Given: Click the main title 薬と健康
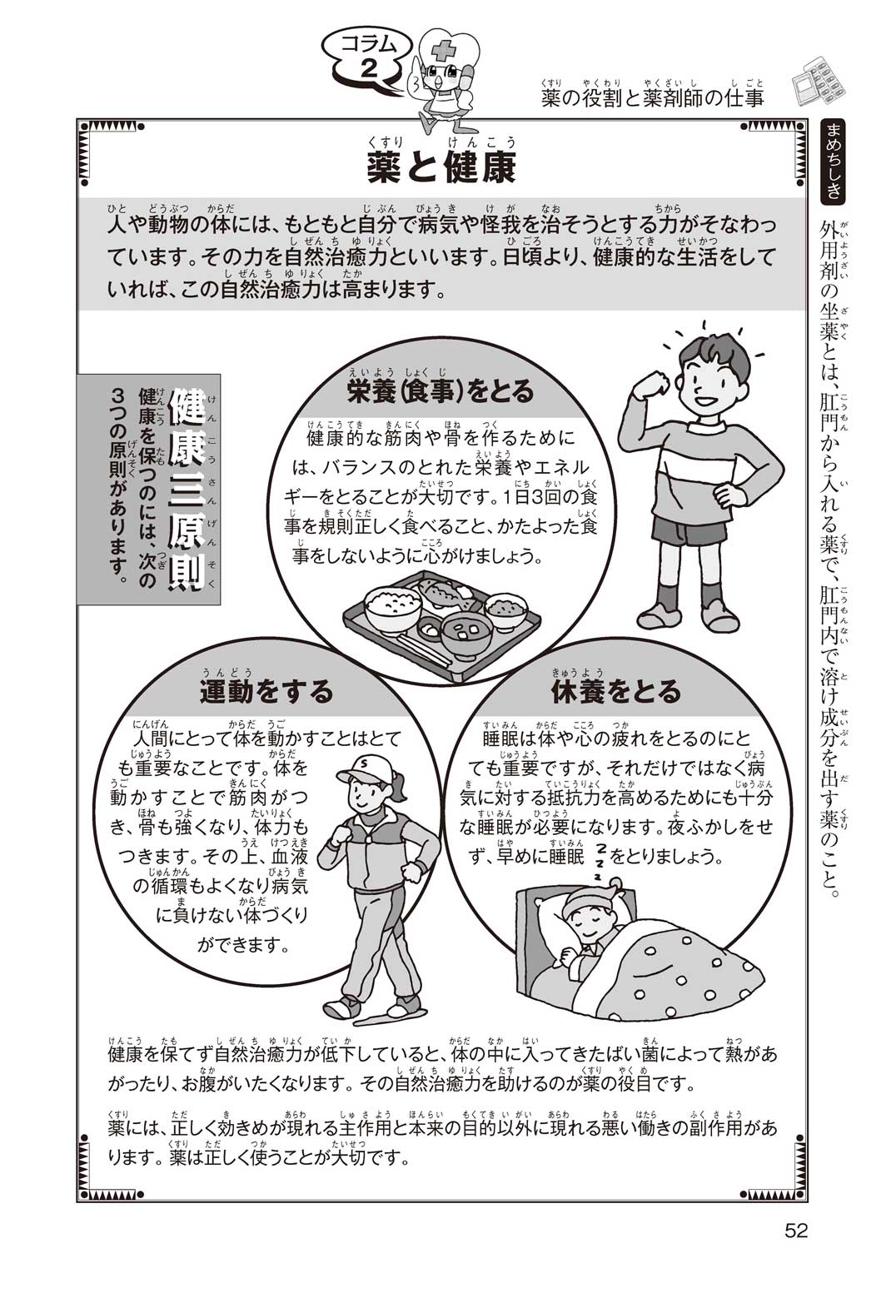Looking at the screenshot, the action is [441, 167].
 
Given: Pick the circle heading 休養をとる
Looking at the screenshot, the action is [615, 691].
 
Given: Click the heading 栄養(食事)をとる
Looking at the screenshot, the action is [440, 392].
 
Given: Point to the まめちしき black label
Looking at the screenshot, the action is [834, 161].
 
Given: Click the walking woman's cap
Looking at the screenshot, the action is [361, 768].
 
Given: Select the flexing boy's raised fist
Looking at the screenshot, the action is [656, 382].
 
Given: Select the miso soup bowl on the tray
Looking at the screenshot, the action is [467, 635].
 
